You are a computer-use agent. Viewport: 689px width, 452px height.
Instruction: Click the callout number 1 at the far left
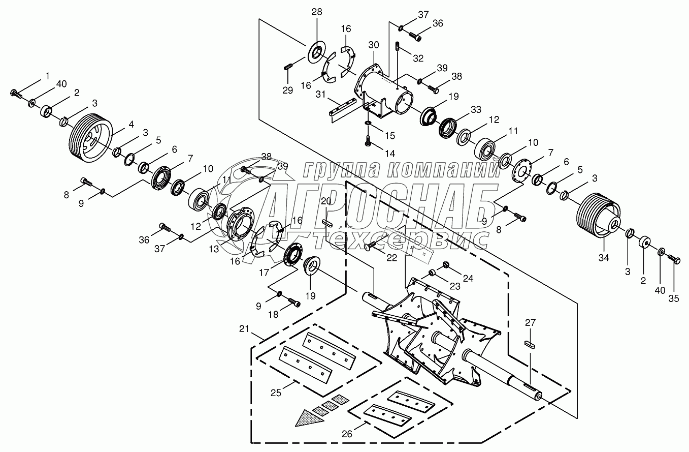(47, 75)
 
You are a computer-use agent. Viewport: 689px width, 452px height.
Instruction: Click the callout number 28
(316, 12)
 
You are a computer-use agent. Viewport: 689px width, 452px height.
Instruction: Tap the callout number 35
(674, 298)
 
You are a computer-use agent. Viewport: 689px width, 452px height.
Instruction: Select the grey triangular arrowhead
(309, 418)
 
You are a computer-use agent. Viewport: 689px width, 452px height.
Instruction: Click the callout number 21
(244, 329)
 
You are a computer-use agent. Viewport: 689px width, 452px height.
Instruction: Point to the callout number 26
(347, 434)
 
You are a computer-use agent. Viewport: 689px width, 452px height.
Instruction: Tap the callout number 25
(276, 393)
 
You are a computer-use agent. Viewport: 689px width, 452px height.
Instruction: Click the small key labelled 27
(530, 345)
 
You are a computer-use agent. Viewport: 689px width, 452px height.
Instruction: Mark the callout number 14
(390, 153)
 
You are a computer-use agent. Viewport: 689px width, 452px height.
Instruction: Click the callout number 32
(418, 58)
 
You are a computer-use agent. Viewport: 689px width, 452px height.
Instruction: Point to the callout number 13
(214, 249)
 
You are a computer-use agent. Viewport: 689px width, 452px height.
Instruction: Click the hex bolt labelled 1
(16, 94)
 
